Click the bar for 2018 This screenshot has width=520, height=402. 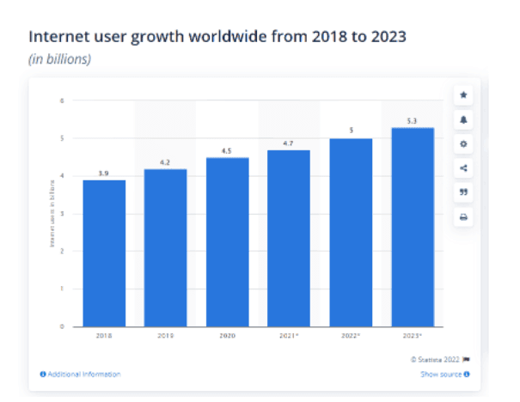(104, 253)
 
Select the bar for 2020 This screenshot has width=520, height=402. (227, 241)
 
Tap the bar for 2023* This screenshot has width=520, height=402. (412, 227)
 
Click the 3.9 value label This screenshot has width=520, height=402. (104, 174)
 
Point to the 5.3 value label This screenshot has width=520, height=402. (412, 121)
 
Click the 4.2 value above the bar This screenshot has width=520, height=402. (165, 162)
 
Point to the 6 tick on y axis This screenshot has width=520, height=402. (63, 100)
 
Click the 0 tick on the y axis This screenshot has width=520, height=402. (63, 326)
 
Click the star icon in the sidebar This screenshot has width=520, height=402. (463, 94)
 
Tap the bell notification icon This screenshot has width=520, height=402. (463, 119)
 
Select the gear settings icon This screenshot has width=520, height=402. (463, 144)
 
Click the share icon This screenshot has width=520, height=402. (463, 168)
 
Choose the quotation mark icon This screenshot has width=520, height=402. (463, 193)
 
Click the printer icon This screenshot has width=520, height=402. (463, 217)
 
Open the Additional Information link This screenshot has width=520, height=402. (81, 375)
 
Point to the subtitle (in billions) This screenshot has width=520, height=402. (60, 59)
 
